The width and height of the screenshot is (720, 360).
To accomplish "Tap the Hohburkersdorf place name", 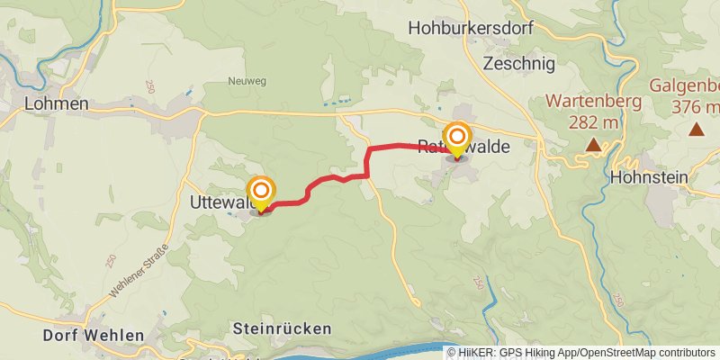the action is click(471, 28).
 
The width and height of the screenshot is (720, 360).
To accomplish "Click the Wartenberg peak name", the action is click(598, 101).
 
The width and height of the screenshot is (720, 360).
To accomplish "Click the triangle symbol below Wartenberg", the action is click(593, 144).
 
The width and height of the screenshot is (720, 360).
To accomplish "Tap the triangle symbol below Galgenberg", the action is click(697, 130).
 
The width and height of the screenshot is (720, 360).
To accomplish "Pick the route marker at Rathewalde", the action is click(457, 139).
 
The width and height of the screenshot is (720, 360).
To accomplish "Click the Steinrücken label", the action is click(282, 328).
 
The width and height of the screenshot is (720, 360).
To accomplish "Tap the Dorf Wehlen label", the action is click(94, 336).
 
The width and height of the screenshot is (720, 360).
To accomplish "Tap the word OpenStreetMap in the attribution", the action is click(617, 353).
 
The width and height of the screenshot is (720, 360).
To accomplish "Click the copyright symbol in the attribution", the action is click(452, 353).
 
